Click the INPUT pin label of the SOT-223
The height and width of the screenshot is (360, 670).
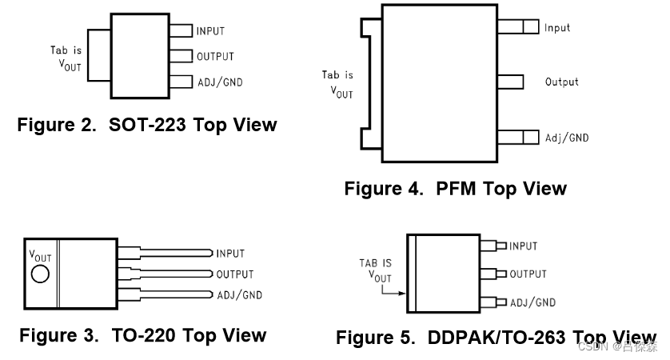click(210, 31)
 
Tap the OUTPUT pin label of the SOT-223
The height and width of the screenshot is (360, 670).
click(215, 57)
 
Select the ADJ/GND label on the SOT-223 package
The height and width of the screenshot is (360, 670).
click(219, 82)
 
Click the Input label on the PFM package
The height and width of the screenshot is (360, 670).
click(557, 28)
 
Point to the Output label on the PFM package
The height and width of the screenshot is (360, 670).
click(561, 82)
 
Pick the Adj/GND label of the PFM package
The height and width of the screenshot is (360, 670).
click(566, 138)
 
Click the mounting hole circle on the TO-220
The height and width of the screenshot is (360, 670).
click(40, 274)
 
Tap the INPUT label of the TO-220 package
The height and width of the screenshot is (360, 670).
click(230, 254)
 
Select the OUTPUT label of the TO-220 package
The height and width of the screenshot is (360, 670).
click(235, 274)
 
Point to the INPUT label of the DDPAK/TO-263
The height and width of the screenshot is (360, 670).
click(523, 246)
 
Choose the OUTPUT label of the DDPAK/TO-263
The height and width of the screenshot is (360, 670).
click(528, 274)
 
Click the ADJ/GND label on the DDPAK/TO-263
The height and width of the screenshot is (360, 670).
click(532, 302)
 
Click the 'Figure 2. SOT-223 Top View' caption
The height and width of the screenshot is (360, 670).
click(147, 125)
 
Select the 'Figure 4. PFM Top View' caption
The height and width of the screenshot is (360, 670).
click(455, 189)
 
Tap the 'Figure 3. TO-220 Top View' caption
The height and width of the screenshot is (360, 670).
click(142, 334)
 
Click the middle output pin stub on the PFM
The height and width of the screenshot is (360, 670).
click(510, 82)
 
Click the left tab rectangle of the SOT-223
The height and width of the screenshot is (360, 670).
click(98, 55)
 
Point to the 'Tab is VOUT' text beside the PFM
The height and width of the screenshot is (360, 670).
click(337, 84)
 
